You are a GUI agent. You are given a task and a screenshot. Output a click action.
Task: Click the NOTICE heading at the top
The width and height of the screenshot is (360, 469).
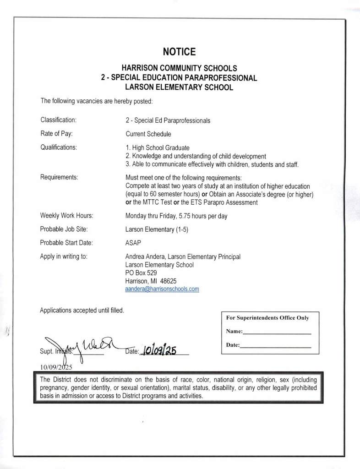pyautogui.click(x=179, y=51)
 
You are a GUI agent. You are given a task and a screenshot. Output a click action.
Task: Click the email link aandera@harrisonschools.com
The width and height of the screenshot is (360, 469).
pyautogui.click(x=162, y=289)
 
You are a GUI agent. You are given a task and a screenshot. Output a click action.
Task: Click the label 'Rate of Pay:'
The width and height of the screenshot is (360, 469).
pyautogui.click(x=57, y=134)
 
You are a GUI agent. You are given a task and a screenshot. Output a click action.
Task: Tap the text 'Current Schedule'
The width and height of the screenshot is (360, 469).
pyautogui.click(x=148, y=134)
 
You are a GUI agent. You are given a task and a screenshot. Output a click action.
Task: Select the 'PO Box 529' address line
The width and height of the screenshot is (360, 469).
pyautogui.click(x=141, y=273)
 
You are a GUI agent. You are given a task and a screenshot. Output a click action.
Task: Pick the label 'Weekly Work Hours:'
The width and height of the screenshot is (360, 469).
pyautogui.click(x=67, y=215)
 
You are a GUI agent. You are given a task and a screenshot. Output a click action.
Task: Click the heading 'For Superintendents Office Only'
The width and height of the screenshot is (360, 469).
pyautogui.click(x=267, y=318)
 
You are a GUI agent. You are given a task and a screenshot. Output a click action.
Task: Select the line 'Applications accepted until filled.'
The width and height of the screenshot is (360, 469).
pyautogui.click(x=82, y=310)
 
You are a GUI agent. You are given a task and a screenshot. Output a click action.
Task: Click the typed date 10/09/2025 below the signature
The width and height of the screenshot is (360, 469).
pyautogui.click(x=56, y=367)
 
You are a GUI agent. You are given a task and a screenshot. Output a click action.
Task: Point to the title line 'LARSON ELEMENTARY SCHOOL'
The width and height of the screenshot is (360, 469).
pyautogui.click(x=179, y=87)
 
